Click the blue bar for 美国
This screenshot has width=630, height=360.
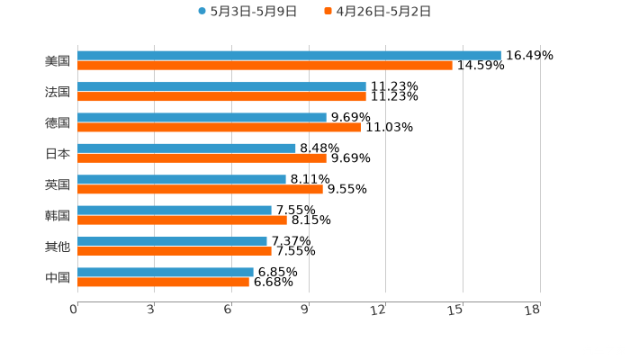point(288,56)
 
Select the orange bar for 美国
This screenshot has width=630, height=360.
point(265,66)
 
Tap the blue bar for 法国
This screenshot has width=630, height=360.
point(221,86)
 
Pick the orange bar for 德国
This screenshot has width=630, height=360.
point(219,127)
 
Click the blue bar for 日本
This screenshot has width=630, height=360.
point(186,148)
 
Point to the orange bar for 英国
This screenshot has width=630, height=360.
point(200,189)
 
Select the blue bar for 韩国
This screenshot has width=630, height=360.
point(175,210)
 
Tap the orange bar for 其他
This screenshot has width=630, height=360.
point(175,251)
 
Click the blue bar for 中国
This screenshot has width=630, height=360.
point(166,272)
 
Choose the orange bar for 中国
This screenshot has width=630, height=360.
point(163,282)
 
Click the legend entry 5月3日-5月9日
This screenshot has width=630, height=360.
point(247,12)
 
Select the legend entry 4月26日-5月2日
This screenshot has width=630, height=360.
point(377,12)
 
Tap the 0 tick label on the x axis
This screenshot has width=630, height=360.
point(74,310)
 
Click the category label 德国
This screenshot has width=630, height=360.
point(58,122)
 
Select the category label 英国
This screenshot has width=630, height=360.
point(58,184)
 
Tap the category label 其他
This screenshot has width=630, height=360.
point(58,247)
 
